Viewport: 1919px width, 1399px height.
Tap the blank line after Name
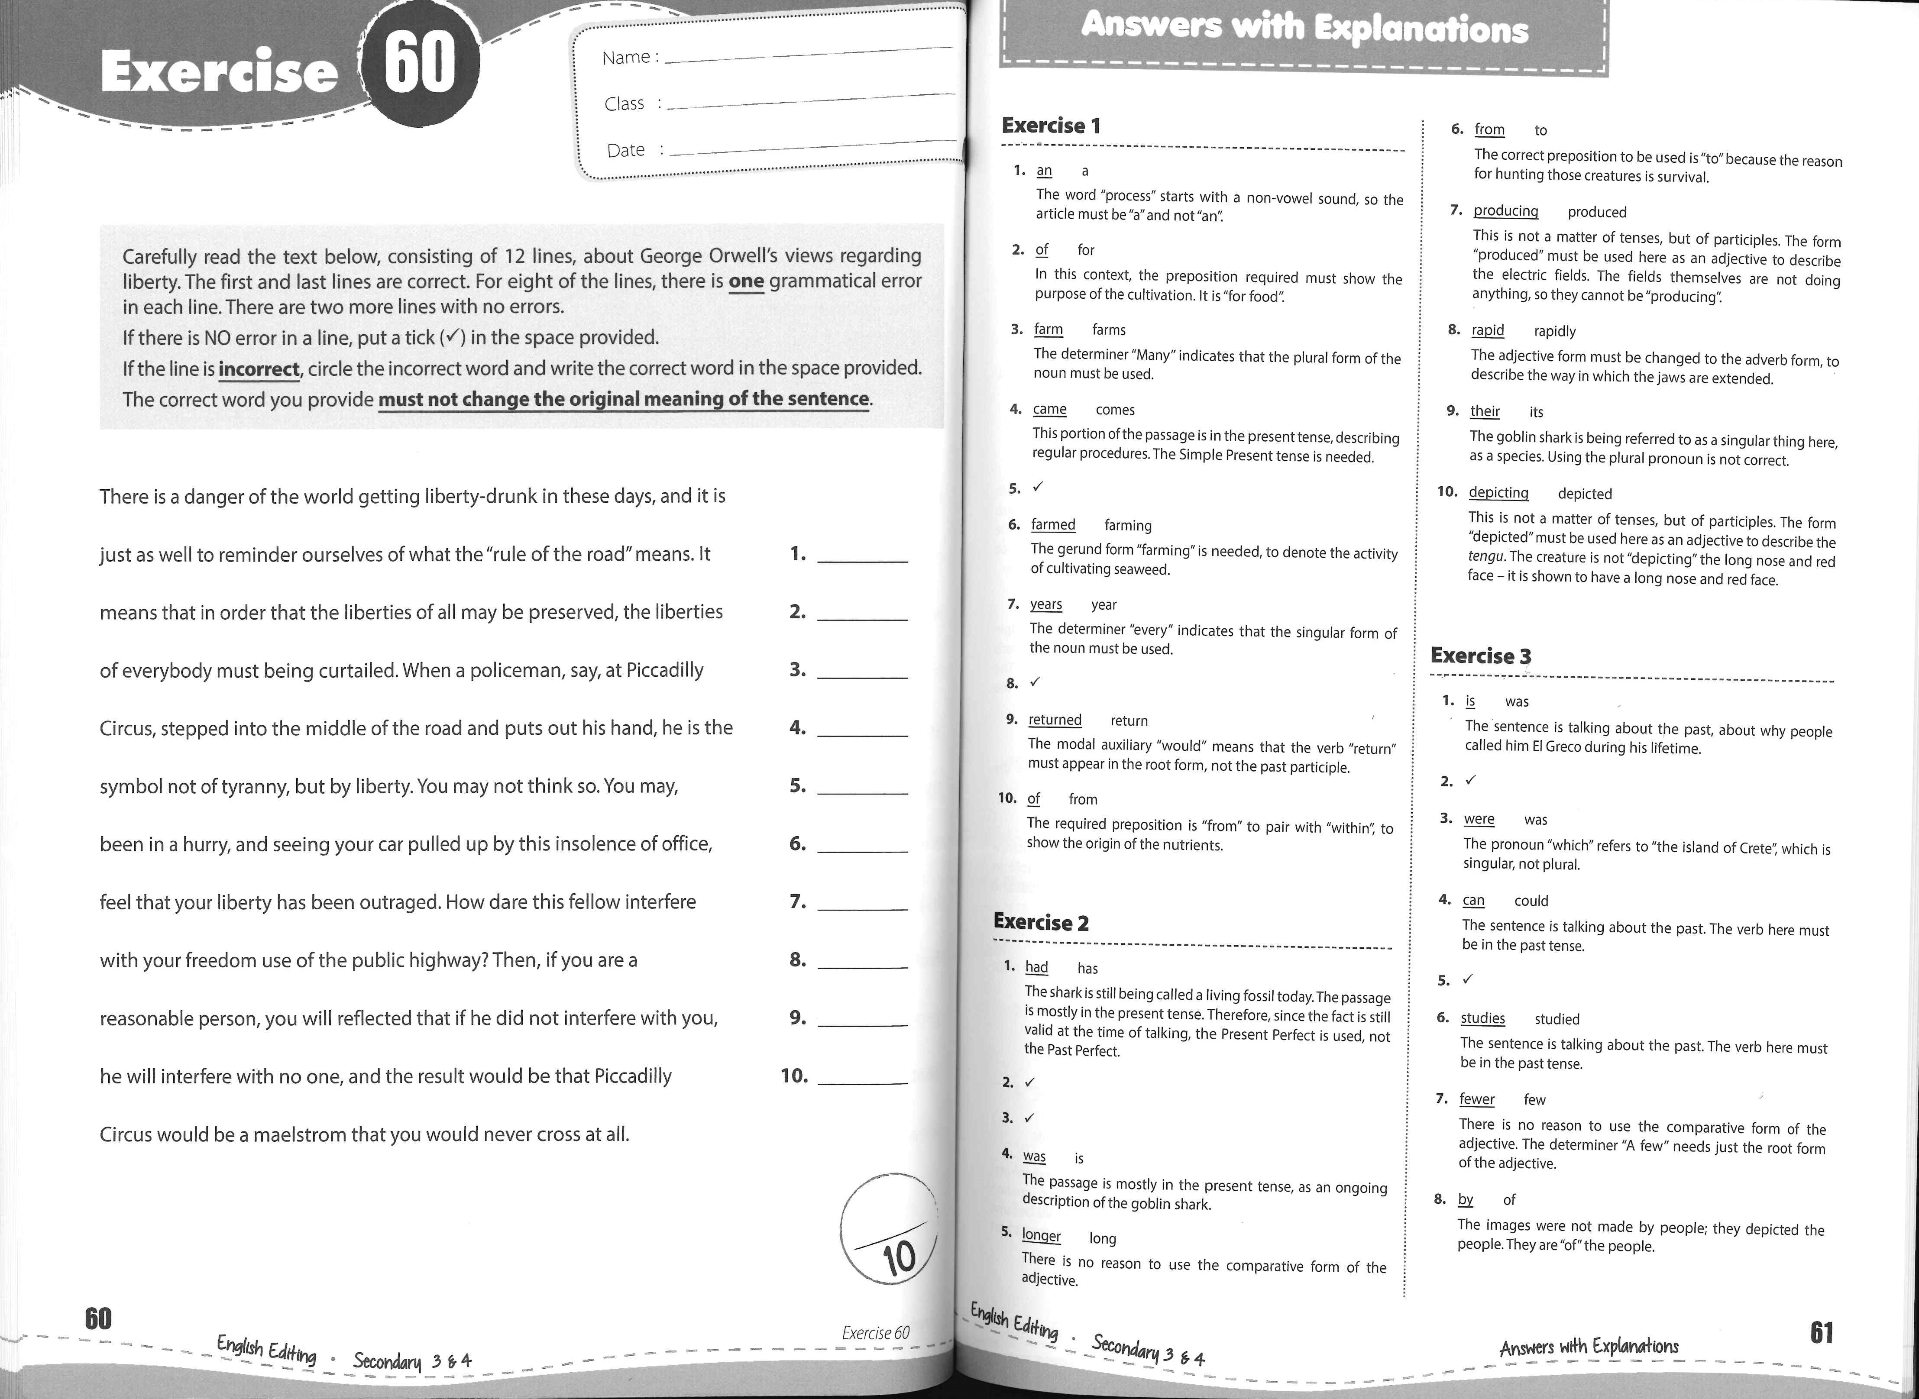[x=809, y=55]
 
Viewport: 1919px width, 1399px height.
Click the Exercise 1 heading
[x=1051, y=126]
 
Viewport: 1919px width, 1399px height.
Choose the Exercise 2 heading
[x=1041, y=922]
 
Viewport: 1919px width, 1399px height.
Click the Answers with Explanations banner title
[x=1304, y=28]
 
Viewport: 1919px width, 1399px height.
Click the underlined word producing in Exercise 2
[x=1506, y=211]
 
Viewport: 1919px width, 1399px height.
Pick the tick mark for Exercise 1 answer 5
[x=1038, y=488]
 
